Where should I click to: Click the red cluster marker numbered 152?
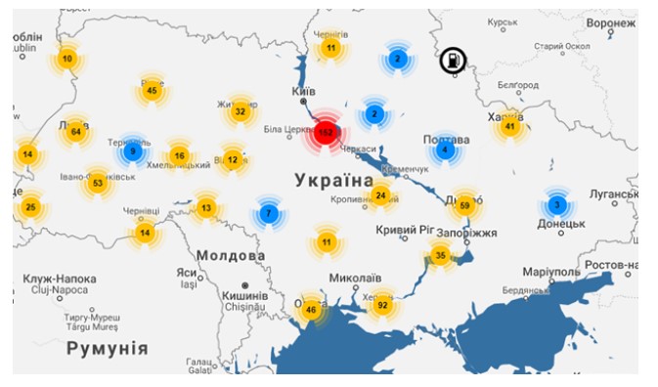pyautogui.click(x=326, y=132)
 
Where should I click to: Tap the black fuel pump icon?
pyautogui.click(x=453, y=61)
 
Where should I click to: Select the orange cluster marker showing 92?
pyautogui.click(x=383, y=306)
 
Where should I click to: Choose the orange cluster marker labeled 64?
pyautogui.click(x=75, y=132)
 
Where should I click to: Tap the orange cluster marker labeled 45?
pyautogui.click(x=151, y=91)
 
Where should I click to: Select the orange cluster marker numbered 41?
pyautogui.click(x=509, y=126)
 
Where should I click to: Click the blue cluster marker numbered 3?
pyautogui.click(x=556, y=205)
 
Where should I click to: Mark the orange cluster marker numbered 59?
pyautogui.click(x=464, y=205)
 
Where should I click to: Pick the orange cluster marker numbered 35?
pyautogui.click(x=440, y=256)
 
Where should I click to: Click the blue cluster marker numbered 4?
pyautogui.click(x=445, y=150)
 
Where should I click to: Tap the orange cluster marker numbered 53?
pyautogui.click(x=97, y=183)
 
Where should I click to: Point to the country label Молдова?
pyautogui.click(x=231, y=256)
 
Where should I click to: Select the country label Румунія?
pyautogui.click(x=107, y=349)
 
